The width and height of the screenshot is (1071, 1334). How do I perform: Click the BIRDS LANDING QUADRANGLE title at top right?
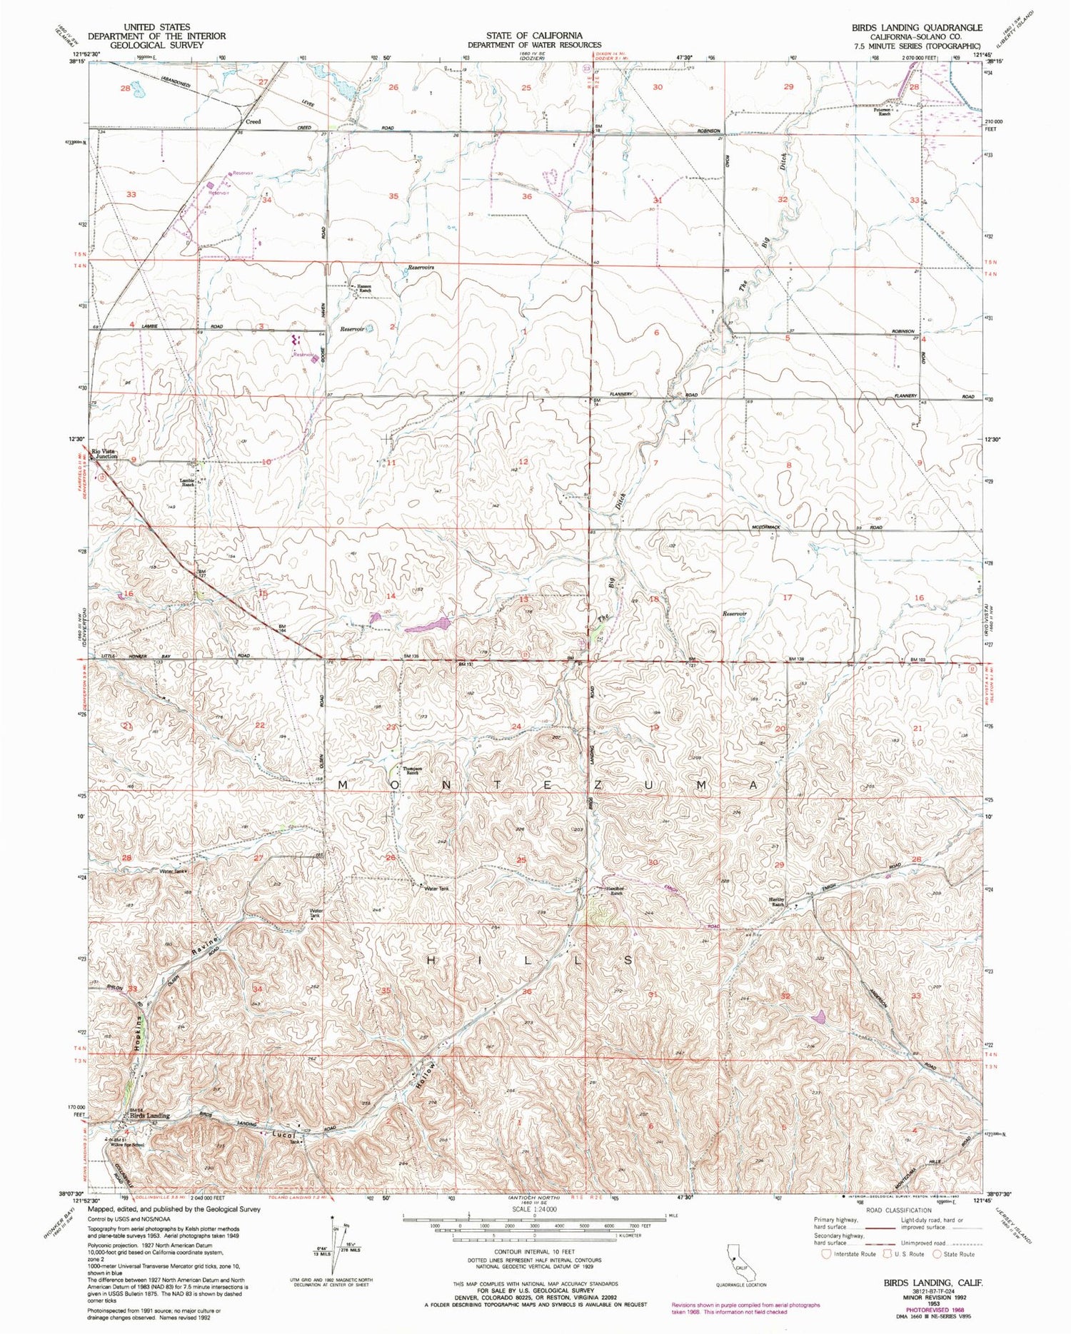pyautogui.click(x=916, y=28)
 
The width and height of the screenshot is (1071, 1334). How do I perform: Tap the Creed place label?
pyautogui.click(x=253, y=122)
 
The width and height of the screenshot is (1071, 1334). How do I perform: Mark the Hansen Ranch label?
pyautogui.click(x=363, y=290)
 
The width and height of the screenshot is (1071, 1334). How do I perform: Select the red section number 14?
pyautogui.click(x=391, y=595)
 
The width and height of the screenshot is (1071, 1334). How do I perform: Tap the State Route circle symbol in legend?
pyautogui.click(x=937, y=1253)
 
